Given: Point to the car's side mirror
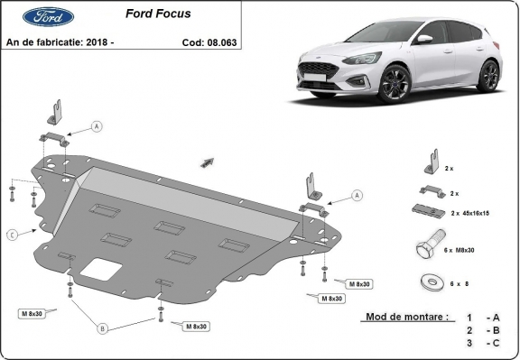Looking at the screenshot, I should point(423,40).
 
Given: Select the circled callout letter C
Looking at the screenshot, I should point(12,235).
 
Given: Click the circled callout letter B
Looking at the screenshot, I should point(103,329).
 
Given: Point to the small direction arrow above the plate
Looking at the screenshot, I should point(208,162).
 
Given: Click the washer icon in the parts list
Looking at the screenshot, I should point(429,282).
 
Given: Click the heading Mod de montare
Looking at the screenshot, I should point(404,318).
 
